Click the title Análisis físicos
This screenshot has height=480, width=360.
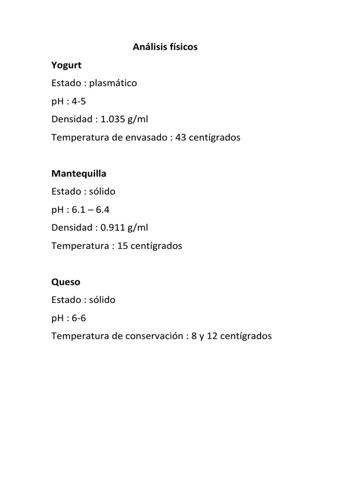click(165, 47)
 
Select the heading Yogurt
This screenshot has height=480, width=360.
click(67, 65)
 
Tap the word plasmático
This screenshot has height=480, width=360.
click(114, 83)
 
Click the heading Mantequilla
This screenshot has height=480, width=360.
click(79, 173)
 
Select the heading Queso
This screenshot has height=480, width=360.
click(66, 282)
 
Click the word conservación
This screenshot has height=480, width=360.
click(158, 336)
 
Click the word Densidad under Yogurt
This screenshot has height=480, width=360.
click(72, 119)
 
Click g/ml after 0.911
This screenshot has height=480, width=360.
click(139, 227)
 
